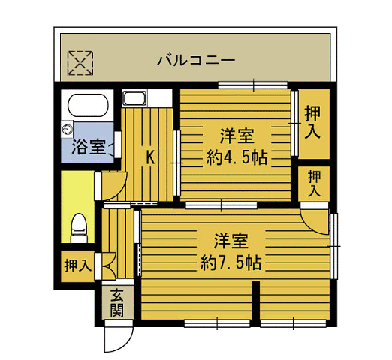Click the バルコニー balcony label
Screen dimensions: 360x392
pos(196,60)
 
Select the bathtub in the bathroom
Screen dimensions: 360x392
pos(87,104)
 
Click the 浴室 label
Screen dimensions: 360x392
pos(88,146)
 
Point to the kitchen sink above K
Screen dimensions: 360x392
pos(135,98)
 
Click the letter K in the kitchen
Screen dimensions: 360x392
pos(150,157)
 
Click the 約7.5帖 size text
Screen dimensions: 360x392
pos(231,262)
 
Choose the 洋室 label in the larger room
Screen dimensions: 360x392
pos(231,241)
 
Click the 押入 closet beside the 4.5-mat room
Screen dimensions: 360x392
pos(313,122)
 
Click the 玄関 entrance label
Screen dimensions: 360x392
pos(116,303)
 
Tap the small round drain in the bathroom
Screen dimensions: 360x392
pos(68,128)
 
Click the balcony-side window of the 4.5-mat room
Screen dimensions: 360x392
pos(254,85)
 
